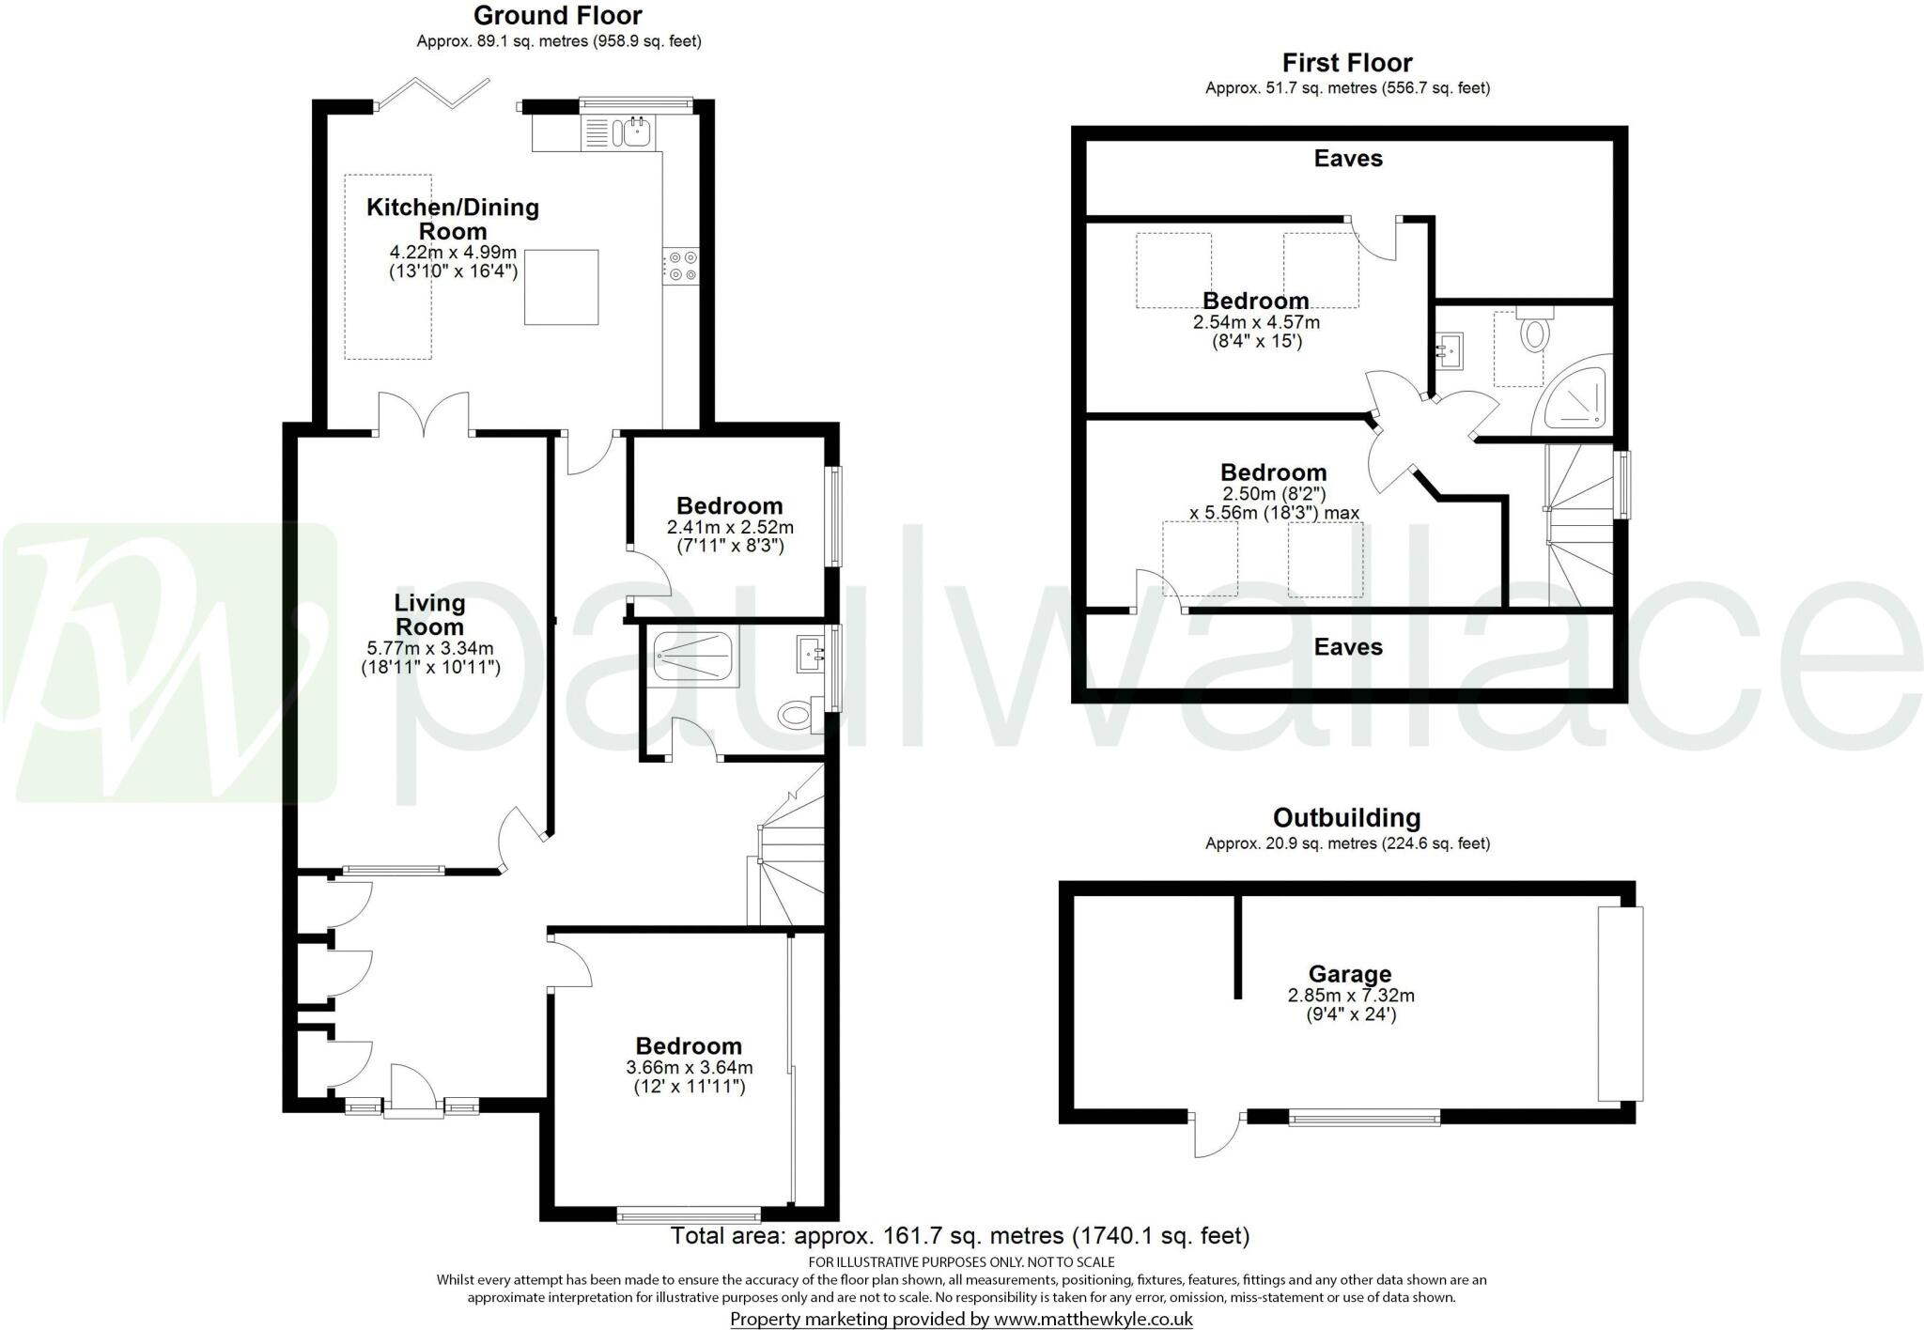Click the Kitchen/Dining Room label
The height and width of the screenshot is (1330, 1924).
coord(452,219)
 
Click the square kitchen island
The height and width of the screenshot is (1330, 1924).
coord(561,286)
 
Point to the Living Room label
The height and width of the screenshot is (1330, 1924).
coord(429,614)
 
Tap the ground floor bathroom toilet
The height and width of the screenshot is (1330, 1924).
coord(796,716)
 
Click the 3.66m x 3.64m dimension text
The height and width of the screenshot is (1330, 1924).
coord(689,1067)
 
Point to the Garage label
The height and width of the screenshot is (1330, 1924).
coord(1349,974)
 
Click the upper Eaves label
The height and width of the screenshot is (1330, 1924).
coord(1347,159)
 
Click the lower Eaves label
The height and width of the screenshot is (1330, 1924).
coord(1347,647)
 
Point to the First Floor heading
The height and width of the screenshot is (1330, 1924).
coord(1346,63)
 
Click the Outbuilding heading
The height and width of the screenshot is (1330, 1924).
coord(1346,818)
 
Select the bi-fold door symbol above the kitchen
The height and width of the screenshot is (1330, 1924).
coord(434,95)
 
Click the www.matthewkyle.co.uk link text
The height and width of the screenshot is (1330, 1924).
coord(1093,1319)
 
